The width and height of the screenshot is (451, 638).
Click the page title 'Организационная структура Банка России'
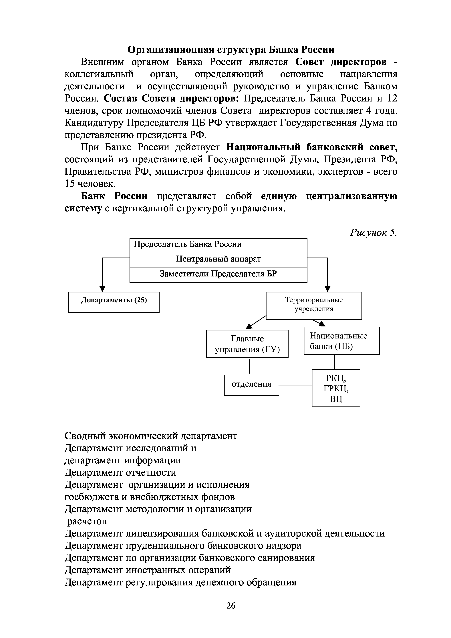click(x=231, y=49)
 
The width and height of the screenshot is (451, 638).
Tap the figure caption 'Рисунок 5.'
click(x=373, y=232)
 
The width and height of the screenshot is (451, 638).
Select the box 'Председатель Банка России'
click(x=218, y=245)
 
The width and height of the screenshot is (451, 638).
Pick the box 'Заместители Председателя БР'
click(x=218, y=275)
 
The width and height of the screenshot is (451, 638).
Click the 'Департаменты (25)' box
click(x=114, y=302)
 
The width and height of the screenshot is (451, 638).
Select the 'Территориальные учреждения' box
click(x=314, y=305)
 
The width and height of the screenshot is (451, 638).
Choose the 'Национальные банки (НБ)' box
click(x=341, y=340)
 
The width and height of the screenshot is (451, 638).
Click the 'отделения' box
click(x=251, y=385)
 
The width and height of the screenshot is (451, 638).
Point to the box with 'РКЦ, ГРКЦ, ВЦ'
click(x=336, y=388)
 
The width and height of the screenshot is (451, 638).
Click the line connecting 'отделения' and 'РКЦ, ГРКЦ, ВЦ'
click(x=295, y=386)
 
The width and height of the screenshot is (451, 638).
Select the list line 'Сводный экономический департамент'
click(x=151, y=436)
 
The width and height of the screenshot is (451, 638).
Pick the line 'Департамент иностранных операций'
click(x=148, y=570)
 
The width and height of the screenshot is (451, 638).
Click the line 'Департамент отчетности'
click(x=120, y=472)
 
